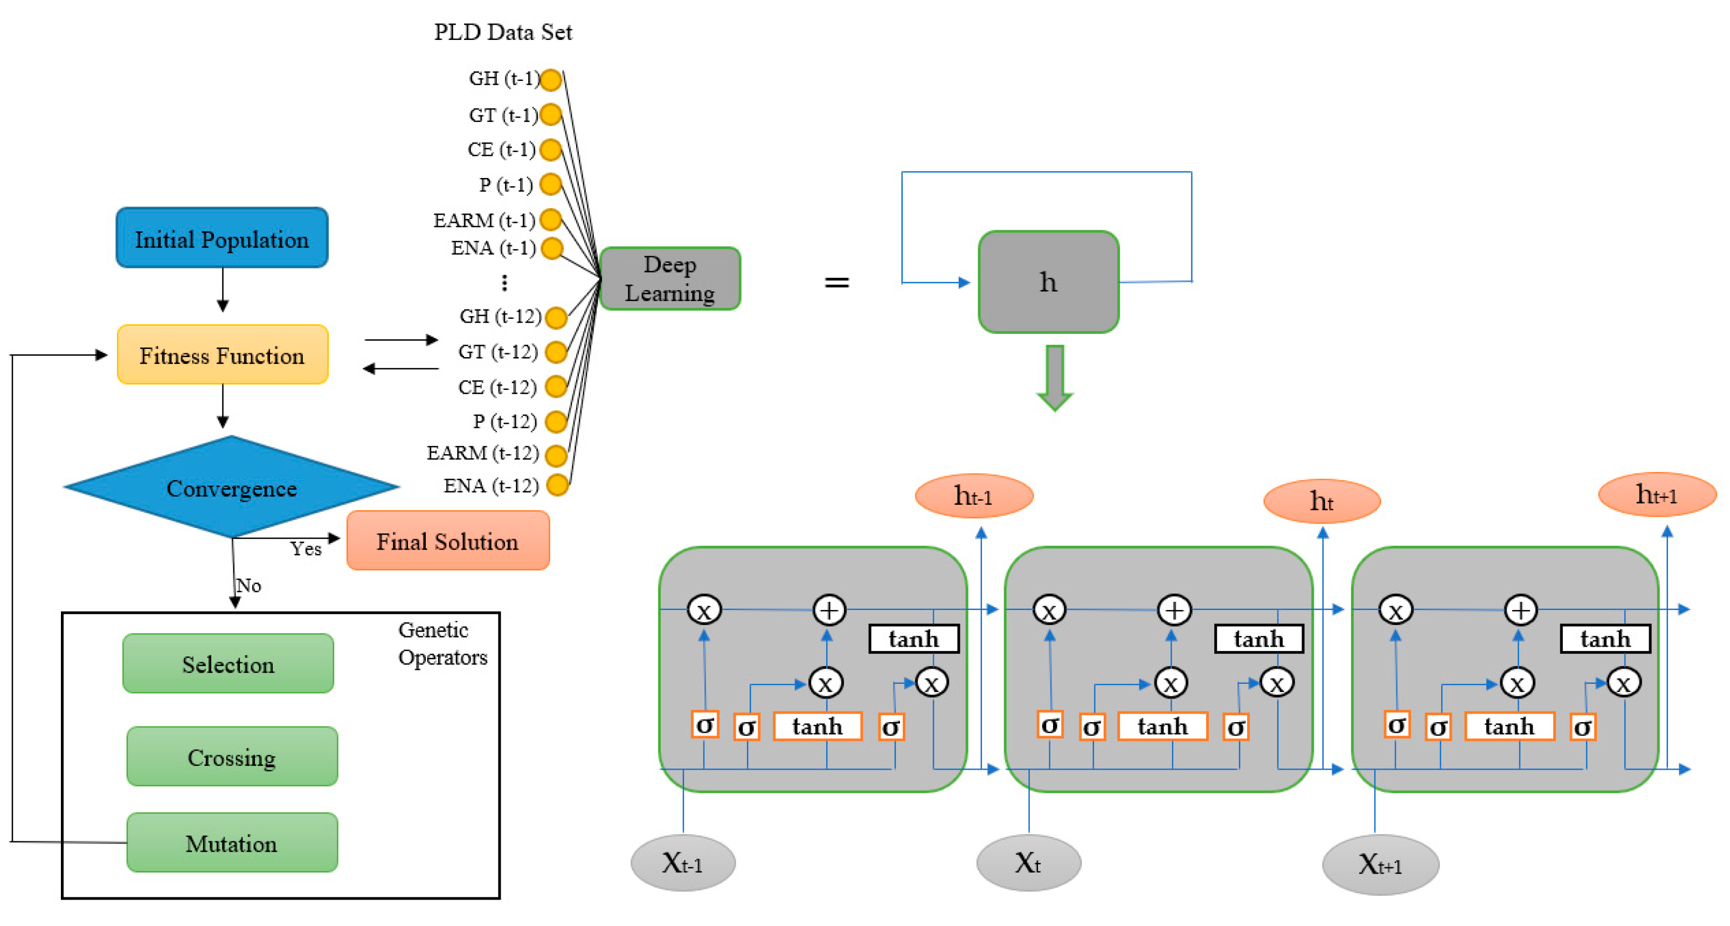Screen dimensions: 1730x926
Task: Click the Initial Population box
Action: click(x=222, y=237)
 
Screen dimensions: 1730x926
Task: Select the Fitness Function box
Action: click(x=222, y=354)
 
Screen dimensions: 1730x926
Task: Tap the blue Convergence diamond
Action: click(x=232, y=487)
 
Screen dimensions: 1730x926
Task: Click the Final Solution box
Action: click(x=448, y=540)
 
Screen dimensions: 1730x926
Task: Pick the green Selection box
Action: click(x=229, y=663)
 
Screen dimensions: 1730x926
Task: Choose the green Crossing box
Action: click(x=232, y=756)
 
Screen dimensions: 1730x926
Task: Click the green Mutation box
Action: click(x=232, y=842)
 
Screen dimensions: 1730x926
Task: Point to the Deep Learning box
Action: click(x=669, y=278)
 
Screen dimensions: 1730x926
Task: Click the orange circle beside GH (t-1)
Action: click(x=551, y=79)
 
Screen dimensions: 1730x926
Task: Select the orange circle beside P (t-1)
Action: click(x=551, y=183)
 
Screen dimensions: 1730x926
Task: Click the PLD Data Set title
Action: click(x=503, y=32)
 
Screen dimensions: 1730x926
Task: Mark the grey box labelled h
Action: click(x=1048, y=282)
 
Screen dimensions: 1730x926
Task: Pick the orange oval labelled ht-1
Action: click(x=974, y=496)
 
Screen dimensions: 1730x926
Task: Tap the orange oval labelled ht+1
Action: click(x=1657, y=495)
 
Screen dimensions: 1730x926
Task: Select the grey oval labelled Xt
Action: click(x=1029, y=862)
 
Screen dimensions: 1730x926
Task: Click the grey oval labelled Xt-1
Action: click(x=683, y=862)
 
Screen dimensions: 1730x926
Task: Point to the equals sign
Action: click(x=837, y=282)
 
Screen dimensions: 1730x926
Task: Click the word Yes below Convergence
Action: click(x=306, y=549)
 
